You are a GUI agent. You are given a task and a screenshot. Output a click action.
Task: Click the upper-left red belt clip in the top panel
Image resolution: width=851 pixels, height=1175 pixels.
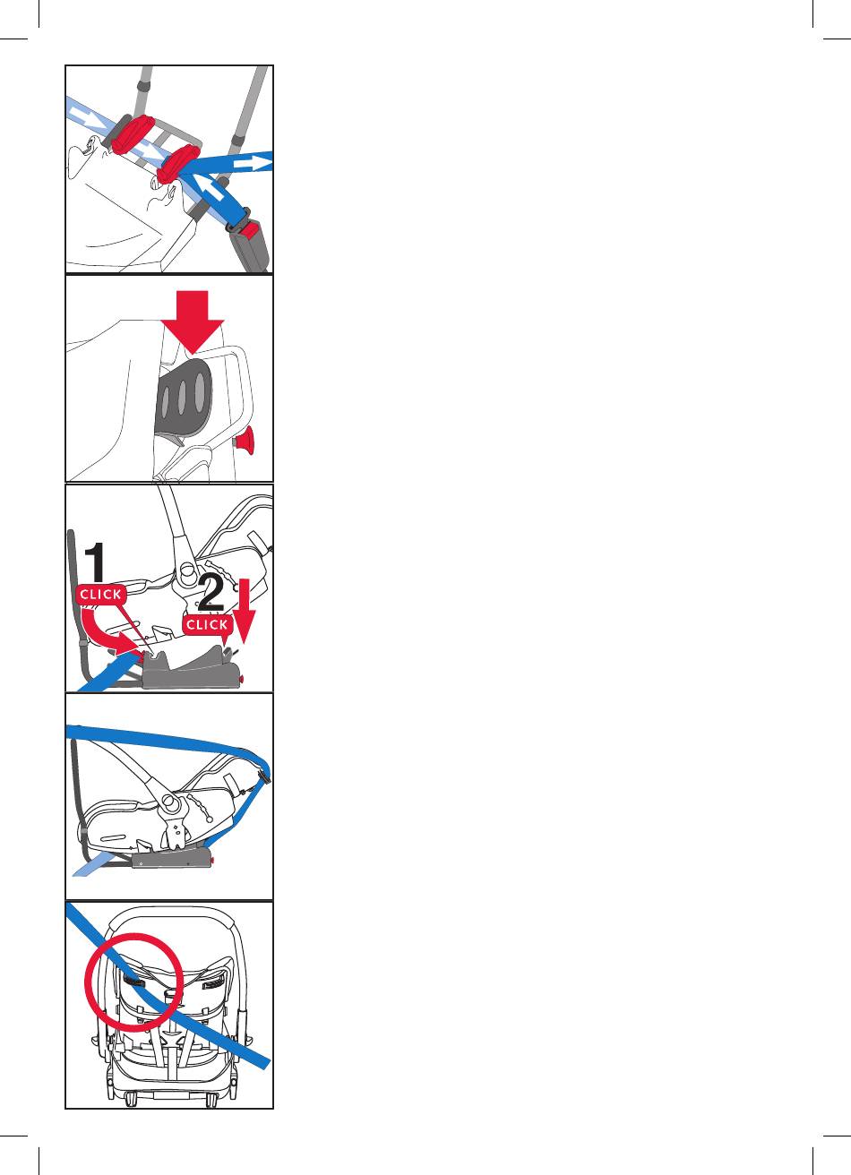click(133, 135)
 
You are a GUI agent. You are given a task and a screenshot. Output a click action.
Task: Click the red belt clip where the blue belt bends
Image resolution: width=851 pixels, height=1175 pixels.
click(178, 164)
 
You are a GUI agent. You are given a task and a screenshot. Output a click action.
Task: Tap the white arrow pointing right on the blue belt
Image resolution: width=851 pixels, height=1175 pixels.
click(252, 162)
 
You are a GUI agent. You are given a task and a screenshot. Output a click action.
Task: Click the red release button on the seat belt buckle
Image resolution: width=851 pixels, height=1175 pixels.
click(252, 228)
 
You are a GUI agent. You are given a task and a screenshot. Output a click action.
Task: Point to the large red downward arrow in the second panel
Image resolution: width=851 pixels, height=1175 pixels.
click(193, 322)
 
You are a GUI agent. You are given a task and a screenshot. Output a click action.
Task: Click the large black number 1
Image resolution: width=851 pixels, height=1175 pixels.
click(96, 562)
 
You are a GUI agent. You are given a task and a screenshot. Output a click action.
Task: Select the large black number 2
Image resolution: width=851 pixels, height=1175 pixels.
click(211, 593)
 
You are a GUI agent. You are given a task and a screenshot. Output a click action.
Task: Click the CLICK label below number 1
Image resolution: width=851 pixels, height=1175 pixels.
click(100, 595)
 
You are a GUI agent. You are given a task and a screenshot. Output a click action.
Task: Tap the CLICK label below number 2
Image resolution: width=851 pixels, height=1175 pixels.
click(207, 624)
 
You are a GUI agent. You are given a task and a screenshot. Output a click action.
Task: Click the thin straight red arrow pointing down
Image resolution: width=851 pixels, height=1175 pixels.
click(244, 611)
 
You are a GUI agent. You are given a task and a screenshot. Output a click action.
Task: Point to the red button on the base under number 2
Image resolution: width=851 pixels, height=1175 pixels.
click(242, 680)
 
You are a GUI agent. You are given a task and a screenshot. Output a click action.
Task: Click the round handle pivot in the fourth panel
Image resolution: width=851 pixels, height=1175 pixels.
click(170, 802)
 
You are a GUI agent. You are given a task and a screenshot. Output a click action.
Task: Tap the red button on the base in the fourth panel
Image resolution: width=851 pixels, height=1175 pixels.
click(212, 861)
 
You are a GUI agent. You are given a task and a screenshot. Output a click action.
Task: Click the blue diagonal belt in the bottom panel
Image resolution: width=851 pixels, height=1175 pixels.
click(168, 986)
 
